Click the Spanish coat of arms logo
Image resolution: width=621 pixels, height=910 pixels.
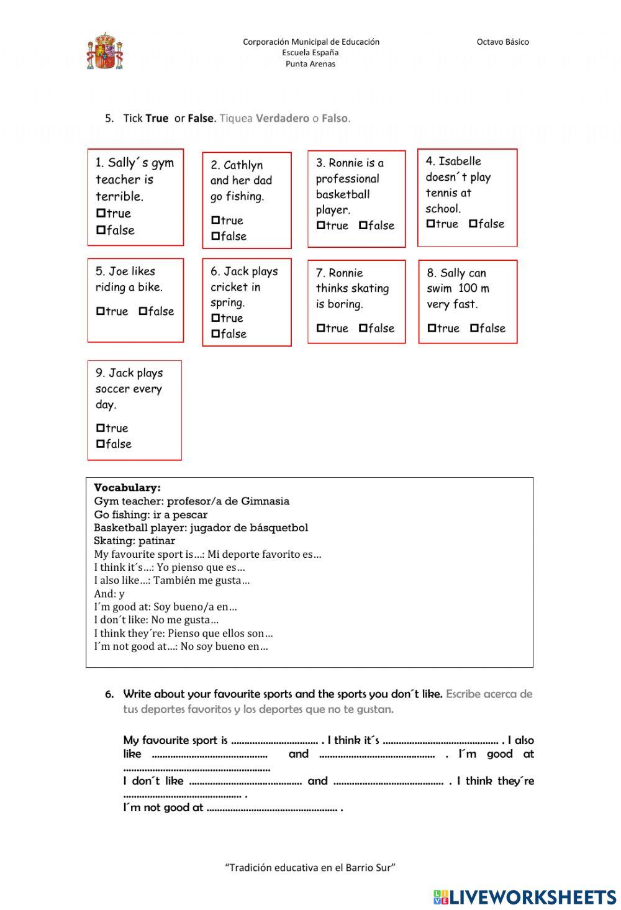point(104,52)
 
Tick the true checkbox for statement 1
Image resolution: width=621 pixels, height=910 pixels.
point(101,213)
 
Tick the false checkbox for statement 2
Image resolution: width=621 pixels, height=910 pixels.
point(215,236)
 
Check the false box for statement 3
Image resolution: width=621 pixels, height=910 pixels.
point(363,225)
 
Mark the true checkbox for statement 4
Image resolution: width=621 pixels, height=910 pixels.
point(430,224)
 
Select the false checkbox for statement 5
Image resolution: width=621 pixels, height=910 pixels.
point(143,311)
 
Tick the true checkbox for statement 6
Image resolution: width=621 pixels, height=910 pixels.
point(215,318)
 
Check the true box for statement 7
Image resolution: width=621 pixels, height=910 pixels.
point(320,328)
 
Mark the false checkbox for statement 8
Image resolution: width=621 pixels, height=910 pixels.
point(474,328)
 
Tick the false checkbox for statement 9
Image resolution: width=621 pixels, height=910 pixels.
point(101,444)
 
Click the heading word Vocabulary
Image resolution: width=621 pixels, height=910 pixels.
point(127,488)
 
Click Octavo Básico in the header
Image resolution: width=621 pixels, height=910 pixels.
point(502,42)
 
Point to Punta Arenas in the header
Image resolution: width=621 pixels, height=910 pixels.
point(310,64)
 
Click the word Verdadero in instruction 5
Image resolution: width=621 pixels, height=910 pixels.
point(282,118)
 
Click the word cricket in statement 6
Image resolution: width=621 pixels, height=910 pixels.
point(226,287)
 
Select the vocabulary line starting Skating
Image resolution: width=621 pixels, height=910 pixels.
point(134,541)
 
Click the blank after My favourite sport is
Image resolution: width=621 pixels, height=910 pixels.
point(274,741)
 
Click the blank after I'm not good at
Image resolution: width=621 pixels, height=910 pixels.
point(271,809)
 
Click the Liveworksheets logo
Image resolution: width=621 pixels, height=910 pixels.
point(525,896)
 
